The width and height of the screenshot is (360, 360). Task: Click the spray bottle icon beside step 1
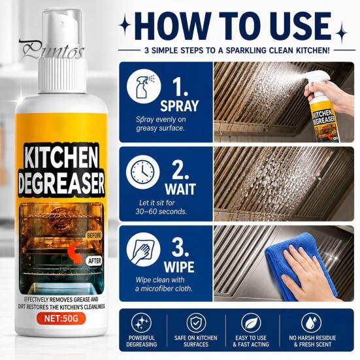(x=144, y=86)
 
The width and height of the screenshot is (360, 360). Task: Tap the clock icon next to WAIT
(x=143, y=172)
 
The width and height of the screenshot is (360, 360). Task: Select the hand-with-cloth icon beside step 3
(x=143, y=250)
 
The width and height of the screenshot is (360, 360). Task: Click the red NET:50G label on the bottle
(x=61, y=318)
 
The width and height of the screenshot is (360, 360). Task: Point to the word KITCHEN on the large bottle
(x=61, y=157)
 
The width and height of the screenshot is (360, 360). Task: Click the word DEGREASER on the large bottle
(x=61, y=184)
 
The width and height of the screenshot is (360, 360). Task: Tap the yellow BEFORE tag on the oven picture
(x=94, y=236)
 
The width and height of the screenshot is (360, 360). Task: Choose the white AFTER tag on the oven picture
(x=95, y=261)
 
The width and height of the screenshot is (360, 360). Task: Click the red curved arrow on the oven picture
(x=75, y=254)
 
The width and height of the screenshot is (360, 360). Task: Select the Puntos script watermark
(x=52, y=50)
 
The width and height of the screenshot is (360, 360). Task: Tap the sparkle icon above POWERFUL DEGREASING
(x=141, y=323)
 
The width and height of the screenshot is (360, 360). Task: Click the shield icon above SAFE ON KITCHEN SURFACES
(x=196, y=323)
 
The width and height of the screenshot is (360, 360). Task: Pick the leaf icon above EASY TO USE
(x=251, y=323)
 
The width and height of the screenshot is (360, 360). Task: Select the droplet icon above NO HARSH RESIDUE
(x=312, y=323)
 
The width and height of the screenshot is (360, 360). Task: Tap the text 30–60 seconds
(x=161, y=212)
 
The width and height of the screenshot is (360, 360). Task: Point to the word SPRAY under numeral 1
(x=179, y=106)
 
